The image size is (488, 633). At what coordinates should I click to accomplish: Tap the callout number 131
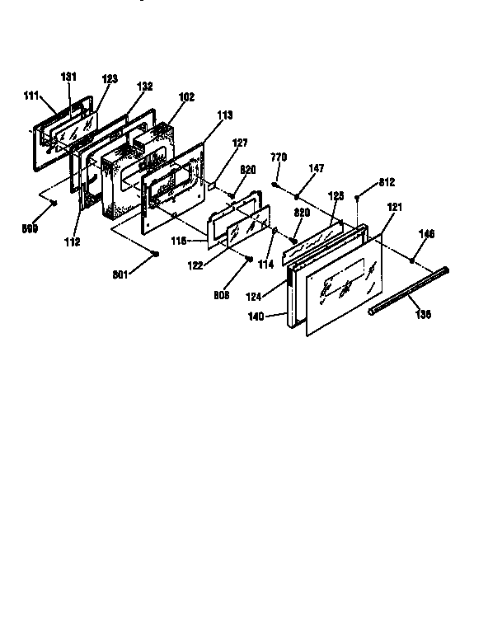pos(68,77)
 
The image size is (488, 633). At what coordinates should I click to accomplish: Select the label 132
pos(144,86)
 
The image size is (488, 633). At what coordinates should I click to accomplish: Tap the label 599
pos(30,228)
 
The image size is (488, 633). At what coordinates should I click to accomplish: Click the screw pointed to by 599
pos(53,200)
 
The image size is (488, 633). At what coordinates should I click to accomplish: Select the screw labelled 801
pos(155,255)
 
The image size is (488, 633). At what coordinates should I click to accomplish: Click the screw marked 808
pos(248,257)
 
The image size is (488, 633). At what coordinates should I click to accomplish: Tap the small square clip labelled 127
pos(212,186)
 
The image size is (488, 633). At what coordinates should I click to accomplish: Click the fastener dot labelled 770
pos(274,185)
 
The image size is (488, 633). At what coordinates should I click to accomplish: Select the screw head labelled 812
pos(356,197)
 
